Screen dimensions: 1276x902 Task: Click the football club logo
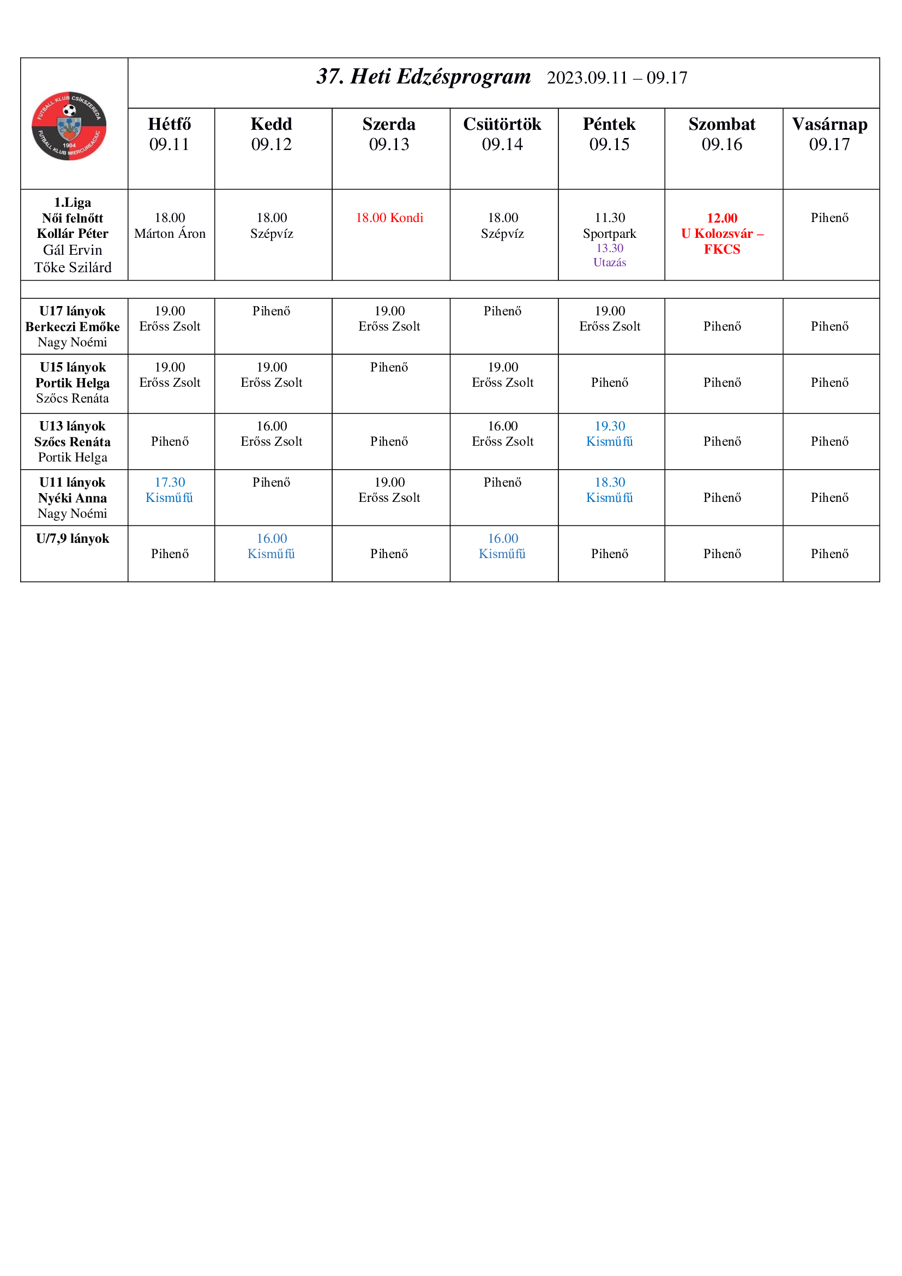pyautogui.click(x=69, y=126)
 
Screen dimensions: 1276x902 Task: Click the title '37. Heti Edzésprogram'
pyautogui.click(x=423, y=77)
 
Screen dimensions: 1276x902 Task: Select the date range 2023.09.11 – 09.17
pyautogui.click(x=617, y=78)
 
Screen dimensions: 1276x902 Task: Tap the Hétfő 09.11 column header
pyautogui.click(x=170, y=134)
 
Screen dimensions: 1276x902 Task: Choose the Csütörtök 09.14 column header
pyautogui.click(x=502, y=134)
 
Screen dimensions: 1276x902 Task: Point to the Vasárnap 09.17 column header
pyautogui.click(x=829, y=134)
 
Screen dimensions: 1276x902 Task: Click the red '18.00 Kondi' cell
pyautogui.click(x=389, y=218)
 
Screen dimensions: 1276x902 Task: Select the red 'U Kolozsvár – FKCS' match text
pyautogui.click(x=722, y=241)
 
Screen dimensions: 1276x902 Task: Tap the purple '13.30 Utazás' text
pyautogui.click(x=609, y=255)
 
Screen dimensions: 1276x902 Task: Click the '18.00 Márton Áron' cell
pyautogui.click(x=170, y=226)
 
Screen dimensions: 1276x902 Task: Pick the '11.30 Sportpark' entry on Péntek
pyautogui.click(x=609, y=226)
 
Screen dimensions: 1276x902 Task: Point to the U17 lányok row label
pyautogui.click(x=72, y=311)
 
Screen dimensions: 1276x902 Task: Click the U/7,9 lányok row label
pyautogui.click(x=73, y=538)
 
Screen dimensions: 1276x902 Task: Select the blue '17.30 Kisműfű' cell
pyautogui.click(x=170, y=489)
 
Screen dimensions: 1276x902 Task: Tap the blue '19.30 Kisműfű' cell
pyautogui.click(x=609, y=434)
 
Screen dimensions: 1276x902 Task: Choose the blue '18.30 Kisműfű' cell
pyautogui.click(x=609, y=489)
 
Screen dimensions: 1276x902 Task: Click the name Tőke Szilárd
pyautogui.click(x=73, y=267)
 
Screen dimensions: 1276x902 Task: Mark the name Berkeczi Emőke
pyautogui.click(x=72, y=327)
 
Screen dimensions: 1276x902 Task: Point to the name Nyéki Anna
pyautogui.click(x=72, y=498)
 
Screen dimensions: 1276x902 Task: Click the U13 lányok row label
pyautogui.click(x=72, y=426)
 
